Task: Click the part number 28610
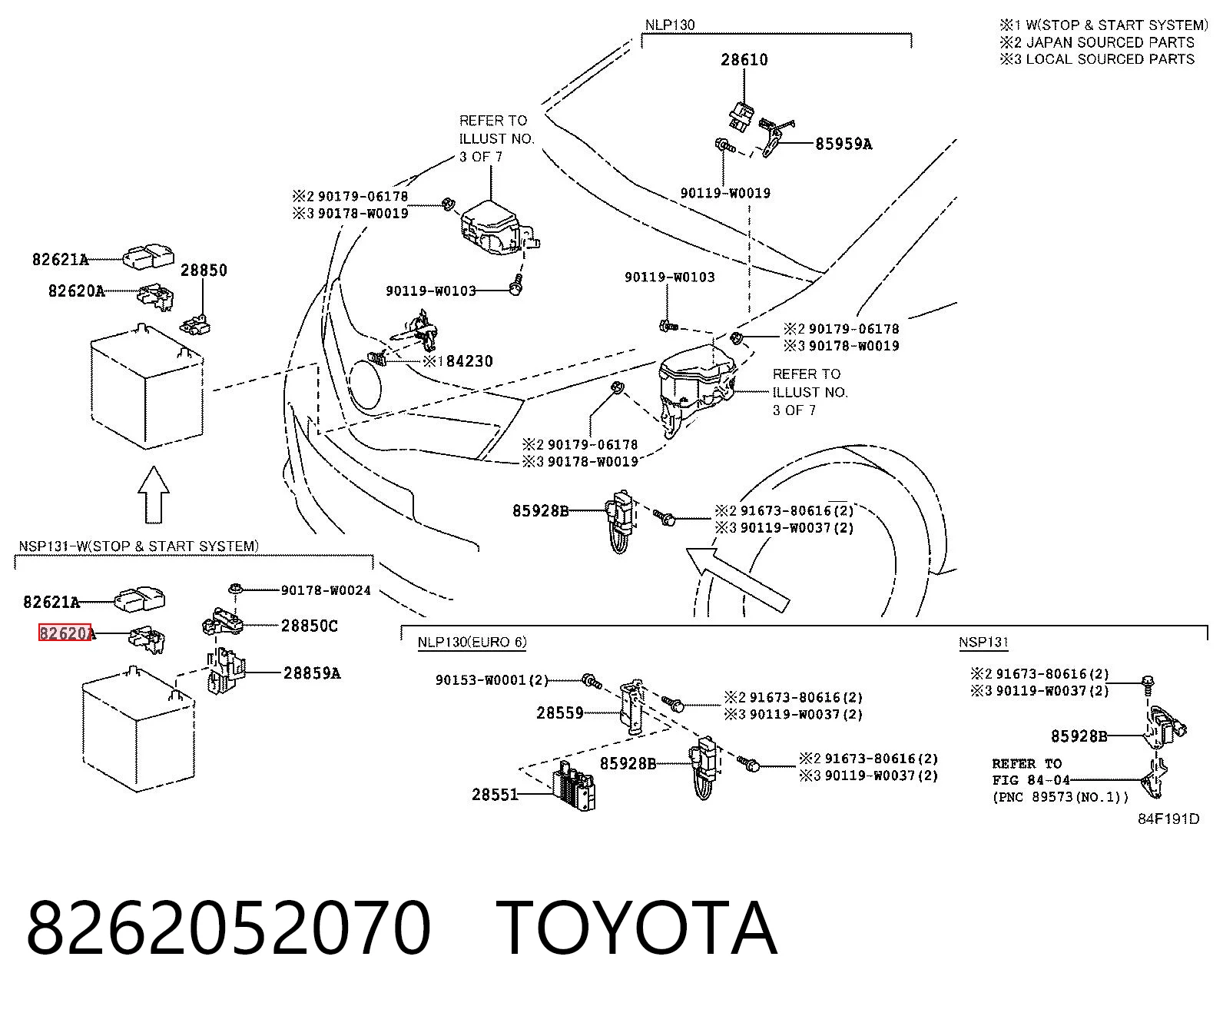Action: pos(744,60)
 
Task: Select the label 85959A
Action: pos(844,144)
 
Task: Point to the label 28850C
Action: pos(310,626)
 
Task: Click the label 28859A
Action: pos(312,673)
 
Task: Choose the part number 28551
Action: pos(495,795)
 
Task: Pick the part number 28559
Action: pos(560,712)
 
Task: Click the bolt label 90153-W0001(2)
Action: pos(492,680)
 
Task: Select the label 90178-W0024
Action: pos(326,590)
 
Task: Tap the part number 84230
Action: pos(469,361)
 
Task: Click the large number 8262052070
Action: pos(228,929)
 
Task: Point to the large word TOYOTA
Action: pos(636,929)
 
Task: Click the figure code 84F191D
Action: pos(1168,819)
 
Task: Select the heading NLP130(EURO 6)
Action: pos(472,643)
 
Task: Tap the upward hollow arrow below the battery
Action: pos(154,494)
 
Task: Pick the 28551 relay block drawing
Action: pos(574,785)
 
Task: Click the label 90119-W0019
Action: pos(725,194)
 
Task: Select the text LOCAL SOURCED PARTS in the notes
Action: pos(1110,59)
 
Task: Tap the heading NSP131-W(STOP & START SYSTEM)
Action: pos(139,546)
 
